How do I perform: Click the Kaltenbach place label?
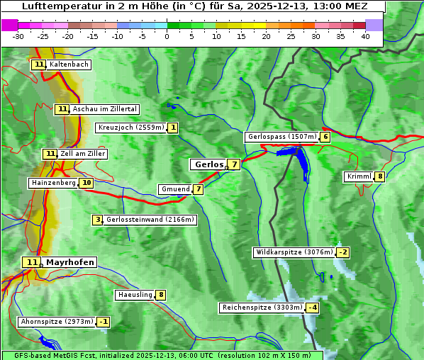[69, 64]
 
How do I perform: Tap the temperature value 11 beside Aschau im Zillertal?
[62, 109]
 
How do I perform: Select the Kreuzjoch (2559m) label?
[131, 128]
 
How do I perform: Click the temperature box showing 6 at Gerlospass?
[325, 137]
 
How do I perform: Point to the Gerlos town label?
[208, 164]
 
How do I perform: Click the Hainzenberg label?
[53, 183]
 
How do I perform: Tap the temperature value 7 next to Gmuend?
[199, 189]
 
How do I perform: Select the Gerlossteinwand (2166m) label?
[150, 220]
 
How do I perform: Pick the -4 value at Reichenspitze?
[313, 308]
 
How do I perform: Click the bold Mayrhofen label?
[69, 262]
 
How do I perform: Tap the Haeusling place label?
[135, 295]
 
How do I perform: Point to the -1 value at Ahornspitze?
[104, 322]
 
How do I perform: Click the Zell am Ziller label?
[83, 154]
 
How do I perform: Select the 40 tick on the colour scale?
[364, 36]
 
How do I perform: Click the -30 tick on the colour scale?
[18, 36]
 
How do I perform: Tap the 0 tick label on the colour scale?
[167, 36]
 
